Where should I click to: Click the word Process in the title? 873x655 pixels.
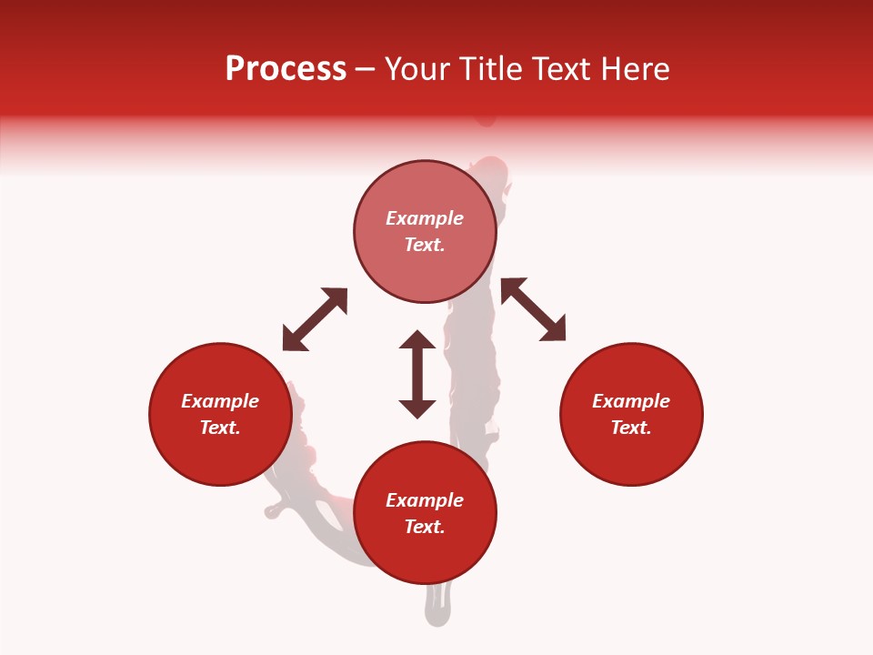click(286, 69)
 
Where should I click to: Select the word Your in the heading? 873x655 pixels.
click(418, 69)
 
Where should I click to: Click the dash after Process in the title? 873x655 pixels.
click(365, 70)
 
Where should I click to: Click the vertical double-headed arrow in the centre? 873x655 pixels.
click(417, 375)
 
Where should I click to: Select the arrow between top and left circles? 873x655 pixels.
click(315, 319)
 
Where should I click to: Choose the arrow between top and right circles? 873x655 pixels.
click(533, 309)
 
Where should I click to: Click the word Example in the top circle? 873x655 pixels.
click(425, 218)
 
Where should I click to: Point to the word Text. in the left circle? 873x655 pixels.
click(220, 428)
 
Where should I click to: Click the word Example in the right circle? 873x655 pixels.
click(631, 401)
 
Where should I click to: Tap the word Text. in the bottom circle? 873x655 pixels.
click(425, 527)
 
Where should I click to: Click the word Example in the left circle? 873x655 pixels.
click(220, 401)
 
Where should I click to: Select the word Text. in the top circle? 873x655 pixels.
click(425, 245)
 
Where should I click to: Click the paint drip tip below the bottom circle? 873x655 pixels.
click(437, 614)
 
